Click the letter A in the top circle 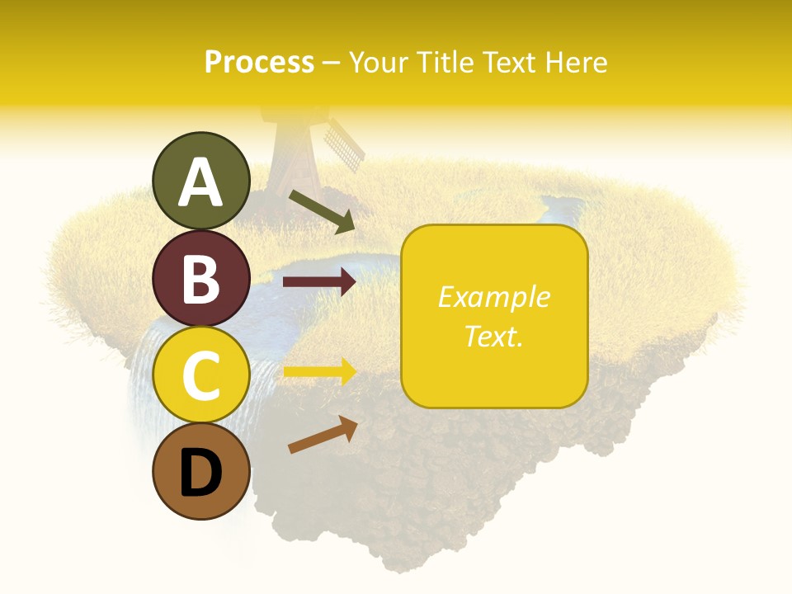point(200,183)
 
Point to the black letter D point(200,474)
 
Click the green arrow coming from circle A point(322,211)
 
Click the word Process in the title point(259,62)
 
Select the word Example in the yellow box point(493,297)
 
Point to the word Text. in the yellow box point(493,337)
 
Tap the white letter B point(200,279)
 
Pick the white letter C point(200,375)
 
